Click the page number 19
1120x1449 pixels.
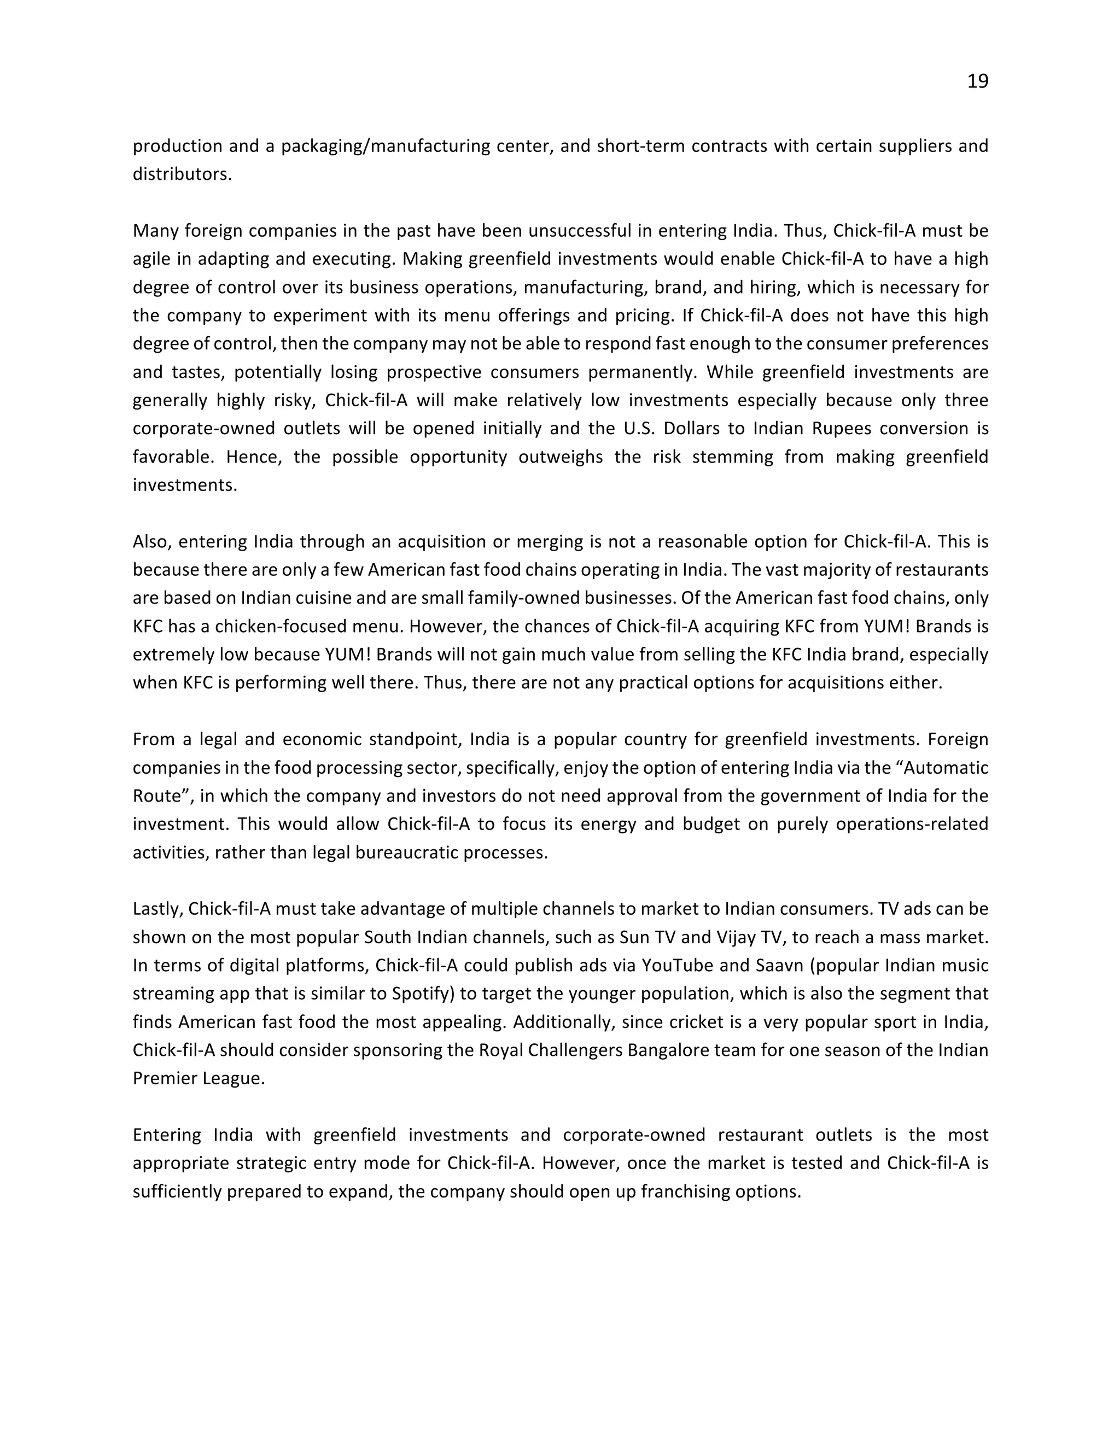[977, 81]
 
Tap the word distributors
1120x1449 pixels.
[181, 174]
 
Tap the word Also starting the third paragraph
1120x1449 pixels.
[152, 542]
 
